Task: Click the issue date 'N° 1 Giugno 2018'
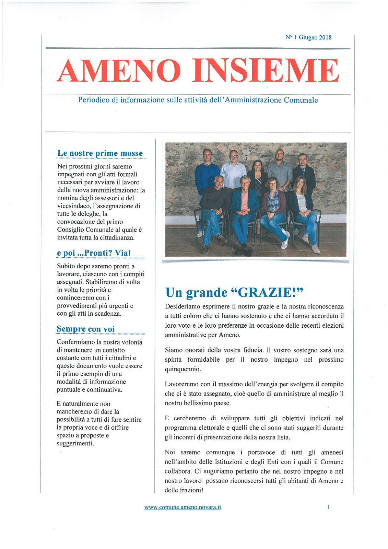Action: pos(308,37)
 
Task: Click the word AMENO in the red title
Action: pos(119,71)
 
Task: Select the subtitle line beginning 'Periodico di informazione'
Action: pos(198,100)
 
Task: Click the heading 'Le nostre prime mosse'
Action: pos(100,153)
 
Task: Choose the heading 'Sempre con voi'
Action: pos(85,329)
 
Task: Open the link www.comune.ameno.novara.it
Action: pos(183,507)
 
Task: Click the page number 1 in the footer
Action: pos(329,507)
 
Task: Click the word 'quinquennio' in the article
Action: pos(182,369)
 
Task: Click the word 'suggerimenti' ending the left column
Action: pos(74,443)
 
